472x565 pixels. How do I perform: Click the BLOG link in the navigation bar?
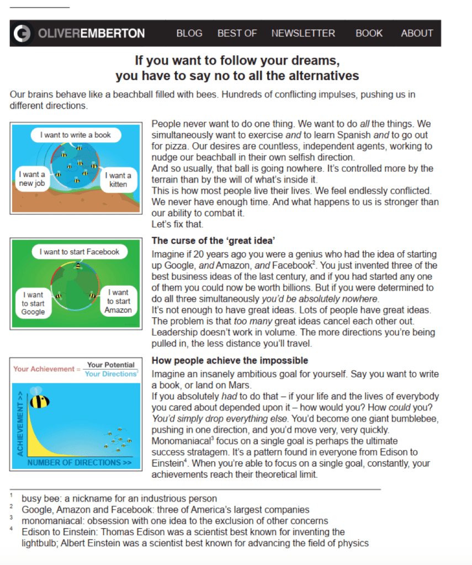189,33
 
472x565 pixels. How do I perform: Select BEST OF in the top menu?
237,33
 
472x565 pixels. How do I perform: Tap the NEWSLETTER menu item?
303,33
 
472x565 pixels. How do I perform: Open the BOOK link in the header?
369,33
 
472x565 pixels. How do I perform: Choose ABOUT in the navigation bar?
417,33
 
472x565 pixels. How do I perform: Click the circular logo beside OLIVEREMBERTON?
23,33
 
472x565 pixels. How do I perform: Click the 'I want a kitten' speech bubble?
118,179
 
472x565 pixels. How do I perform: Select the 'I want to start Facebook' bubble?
79,252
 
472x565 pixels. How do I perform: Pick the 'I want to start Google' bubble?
33,303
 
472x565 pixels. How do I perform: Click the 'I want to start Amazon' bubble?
118,301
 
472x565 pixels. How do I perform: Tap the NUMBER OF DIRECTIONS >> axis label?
79,463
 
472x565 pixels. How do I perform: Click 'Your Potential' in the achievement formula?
110,365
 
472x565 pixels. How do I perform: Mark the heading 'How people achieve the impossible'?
230,360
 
